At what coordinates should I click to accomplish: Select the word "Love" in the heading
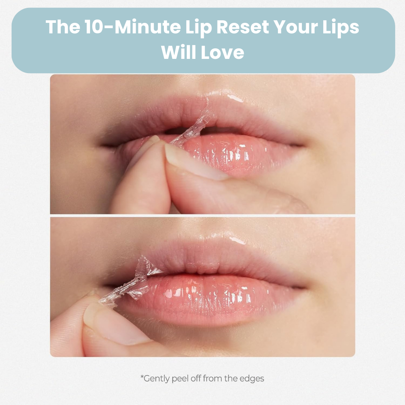coord(222,52)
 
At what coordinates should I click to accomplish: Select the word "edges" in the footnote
coord(252,378)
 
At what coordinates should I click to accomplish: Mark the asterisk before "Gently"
coord(142,377)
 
